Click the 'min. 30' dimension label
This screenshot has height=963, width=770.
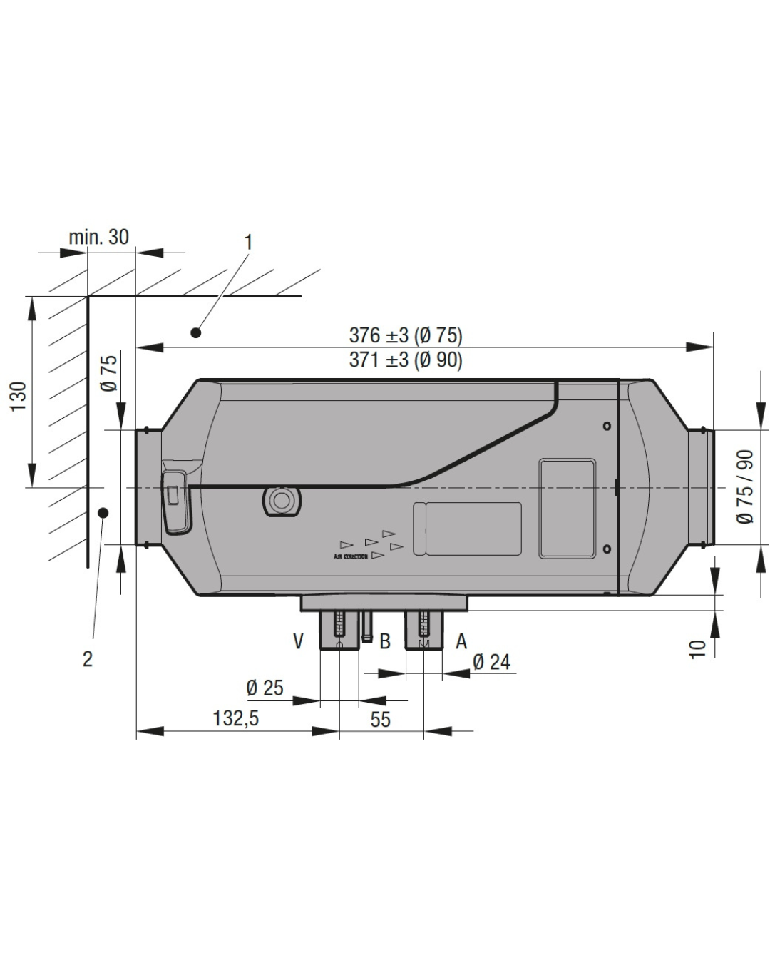pyautogui.click(x=98, y=237)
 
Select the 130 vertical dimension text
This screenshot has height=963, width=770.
pyautogui.click(x=19, y=396)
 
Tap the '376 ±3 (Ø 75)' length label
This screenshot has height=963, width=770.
pyautogui.click(x=405, y=335)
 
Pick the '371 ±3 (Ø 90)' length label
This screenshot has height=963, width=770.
pyautogui.click(x=405, y=360)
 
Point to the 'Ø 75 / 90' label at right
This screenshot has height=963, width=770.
pyautogui.click(x=745, y=486)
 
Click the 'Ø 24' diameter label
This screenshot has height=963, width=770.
pyautogui.click(x=491, y=662)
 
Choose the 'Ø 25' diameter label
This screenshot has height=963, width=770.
pyautogui.click(x=265, y=688)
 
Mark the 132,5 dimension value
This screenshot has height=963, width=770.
pyautogui.click(x=235, y=718)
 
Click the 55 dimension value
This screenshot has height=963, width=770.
pyautogui.click(x=381, y=719)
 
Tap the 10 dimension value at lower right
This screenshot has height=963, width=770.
pyautogui.click(x=698, y=648)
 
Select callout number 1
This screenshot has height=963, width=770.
pyautogui.click(x=248, y=243)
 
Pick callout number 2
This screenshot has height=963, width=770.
pyautogui.click(x=88, y=658)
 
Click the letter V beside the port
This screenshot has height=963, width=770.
pyautogui.click(x=299, y=641)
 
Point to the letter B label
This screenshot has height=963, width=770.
pyautogui.click(x=385, y=641)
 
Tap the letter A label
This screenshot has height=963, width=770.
pyautogui.click(x=461, y=641)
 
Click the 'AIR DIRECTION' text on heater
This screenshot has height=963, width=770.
pyautogui.click(x=351, y=556)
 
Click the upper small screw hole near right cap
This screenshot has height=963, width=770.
pyautogui.click(x=607, y=426)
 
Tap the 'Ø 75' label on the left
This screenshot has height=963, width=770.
pyautogui.click(x=109, y=373)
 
